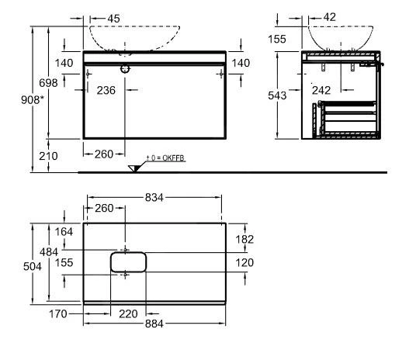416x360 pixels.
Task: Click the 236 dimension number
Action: (106, 90)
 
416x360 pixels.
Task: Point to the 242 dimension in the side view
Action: (321, 90)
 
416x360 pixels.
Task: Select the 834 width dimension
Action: (154, 199)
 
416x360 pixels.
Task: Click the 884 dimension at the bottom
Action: (154, 324)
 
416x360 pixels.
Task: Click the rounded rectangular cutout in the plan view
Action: (128, 261)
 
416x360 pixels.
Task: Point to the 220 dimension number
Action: (128, 314)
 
